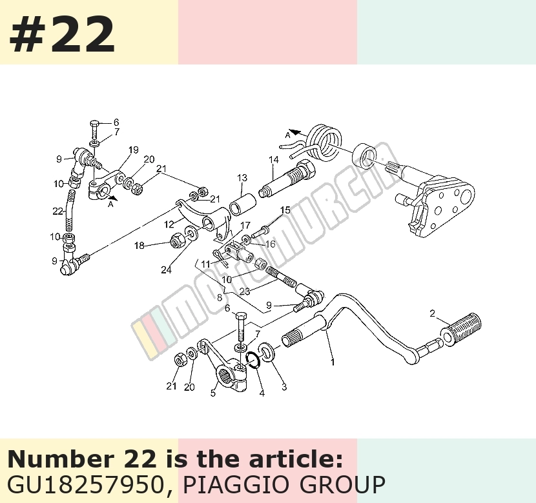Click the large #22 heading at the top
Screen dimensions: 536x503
(x=62, y=35)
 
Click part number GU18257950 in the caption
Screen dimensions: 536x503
(x=85, y=484)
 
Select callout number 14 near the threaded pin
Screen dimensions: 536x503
(x=273, y=160)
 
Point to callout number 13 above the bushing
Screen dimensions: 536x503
(x=242, y=178)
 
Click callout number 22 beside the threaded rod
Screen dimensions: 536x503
(x=57, y=212)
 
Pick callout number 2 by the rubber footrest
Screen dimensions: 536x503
(x=433, y=313)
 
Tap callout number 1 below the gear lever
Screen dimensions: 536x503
(x=333, y=362)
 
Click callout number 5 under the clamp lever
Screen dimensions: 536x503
(x=213, y=393)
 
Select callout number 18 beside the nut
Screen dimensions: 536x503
(x=139, y=245)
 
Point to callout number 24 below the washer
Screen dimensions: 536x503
(x=166, y=270)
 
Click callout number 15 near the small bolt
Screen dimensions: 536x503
(x=285, y=210)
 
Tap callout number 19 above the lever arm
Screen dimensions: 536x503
(x=133, y=150)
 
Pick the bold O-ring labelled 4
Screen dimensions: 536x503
(x=254, y=360)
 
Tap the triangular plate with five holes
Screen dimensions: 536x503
(x=444, y=205)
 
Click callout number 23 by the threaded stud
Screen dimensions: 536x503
(x=244, y=291)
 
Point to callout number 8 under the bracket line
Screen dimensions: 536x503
(x=220, y=297)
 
